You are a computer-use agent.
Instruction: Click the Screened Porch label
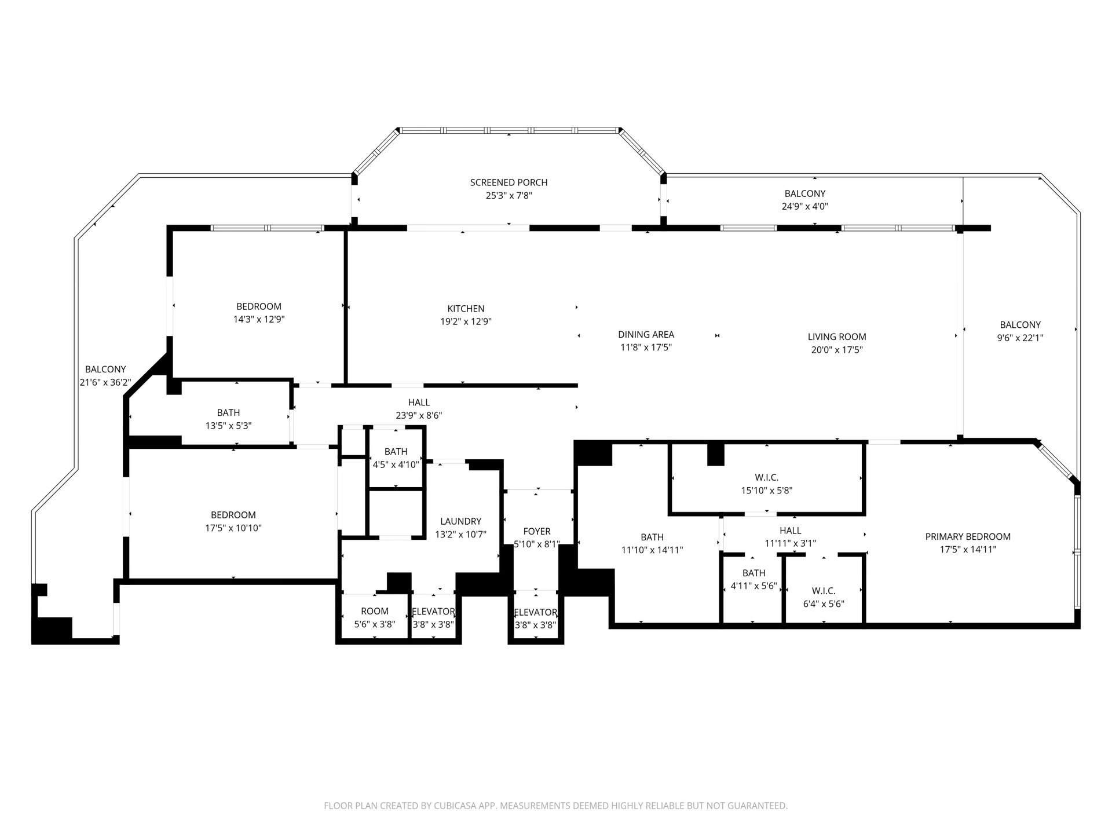(509, 182)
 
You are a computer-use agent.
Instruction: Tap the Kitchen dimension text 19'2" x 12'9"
(466, 322)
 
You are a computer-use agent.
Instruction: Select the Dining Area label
(646, 334)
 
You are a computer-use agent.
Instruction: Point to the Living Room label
(837, 336)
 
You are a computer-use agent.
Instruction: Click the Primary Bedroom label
(968, 537)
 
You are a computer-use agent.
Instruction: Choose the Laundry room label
(460, 521)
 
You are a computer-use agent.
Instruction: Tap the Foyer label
(537, 531)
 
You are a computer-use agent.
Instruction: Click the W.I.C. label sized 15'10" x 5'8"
(767, 477)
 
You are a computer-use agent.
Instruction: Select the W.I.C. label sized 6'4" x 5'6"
(824, 591)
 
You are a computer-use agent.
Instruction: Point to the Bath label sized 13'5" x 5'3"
(228, 412)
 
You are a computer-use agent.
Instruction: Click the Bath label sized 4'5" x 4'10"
(396, 451)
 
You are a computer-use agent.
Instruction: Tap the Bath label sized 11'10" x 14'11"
(652, 537)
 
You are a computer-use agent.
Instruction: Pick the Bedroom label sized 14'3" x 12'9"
(259, 306)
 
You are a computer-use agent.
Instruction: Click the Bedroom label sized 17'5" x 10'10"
(233, 515)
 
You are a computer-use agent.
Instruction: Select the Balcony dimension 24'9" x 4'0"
(805, 207)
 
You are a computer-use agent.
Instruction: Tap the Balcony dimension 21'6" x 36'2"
(105, 382)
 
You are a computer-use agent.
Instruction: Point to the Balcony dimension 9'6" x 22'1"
(1020, 338)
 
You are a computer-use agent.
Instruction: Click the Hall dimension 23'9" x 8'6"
(419, 416)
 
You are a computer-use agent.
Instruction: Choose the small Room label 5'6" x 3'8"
(375, 611)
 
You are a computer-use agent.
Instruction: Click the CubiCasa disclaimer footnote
(556, 806)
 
